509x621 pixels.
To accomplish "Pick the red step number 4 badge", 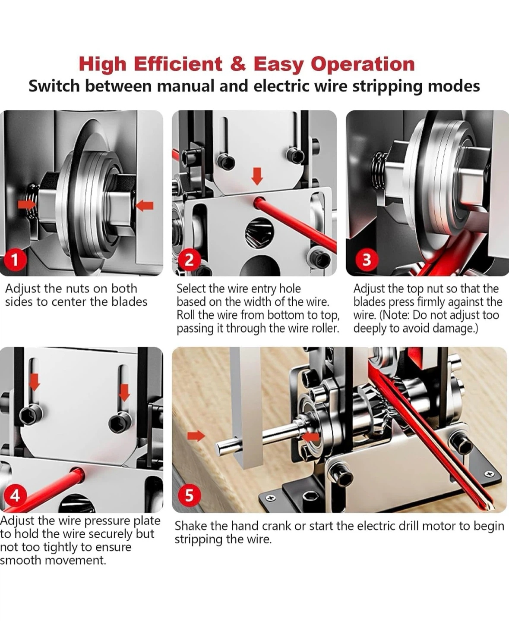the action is point(15,496).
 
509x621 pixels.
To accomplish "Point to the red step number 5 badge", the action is point(190,496).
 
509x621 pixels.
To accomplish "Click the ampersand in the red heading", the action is point(238,64).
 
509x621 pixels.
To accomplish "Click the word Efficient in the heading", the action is point(178,64).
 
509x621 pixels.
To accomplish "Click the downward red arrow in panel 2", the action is point(257,176).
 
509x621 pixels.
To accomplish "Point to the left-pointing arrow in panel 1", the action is point(145,206).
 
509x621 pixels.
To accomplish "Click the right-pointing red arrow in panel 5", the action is point(196,436).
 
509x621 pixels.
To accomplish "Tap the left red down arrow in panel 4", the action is point(35,383).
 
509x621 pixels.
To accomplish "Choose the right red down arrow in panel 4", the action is point(124,392).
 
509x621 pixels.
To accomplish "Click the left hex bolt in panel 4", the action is point(31,414).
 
